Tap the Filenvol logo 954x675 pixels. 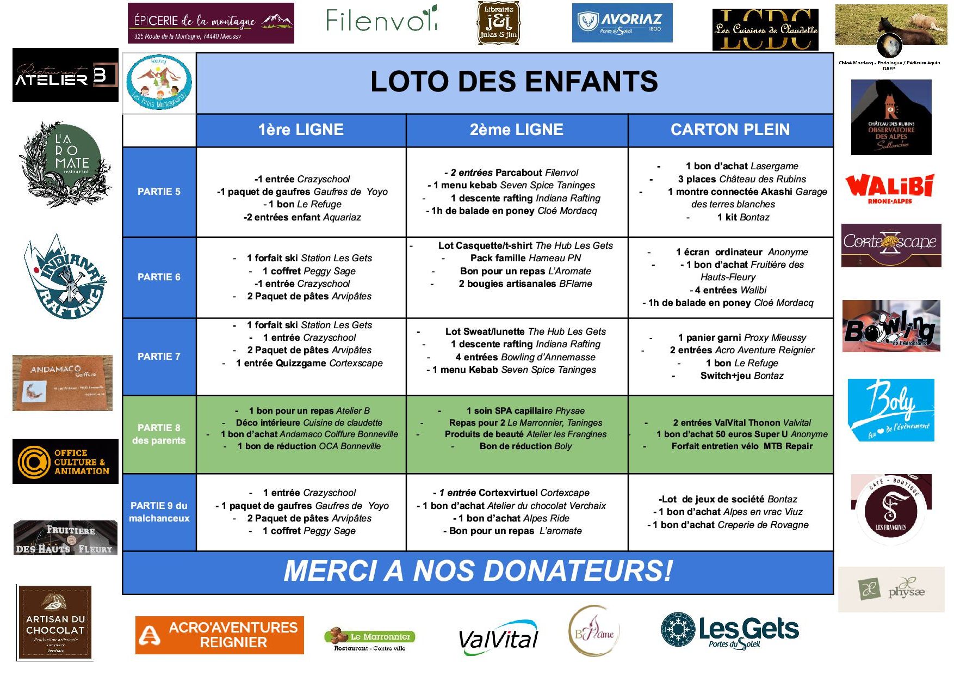(x=381, y=20)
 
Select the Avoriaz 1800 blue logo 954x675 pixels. (x=622, y=23)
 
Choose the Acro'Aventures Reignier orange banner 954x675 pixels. (x=219, y=635)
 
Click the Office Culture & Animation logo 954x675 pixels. (x=65, y=461)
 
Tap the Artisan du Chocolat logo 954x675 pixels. (x=55, y=622)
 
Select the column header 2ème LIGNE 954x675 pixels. (x=516, y=130)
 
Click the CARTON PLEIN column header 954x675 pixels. (x=730, y=130)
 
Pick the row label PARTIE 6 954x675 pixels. (x=159, y=277)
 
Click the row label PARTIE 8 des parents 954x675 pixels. (x=159, y=434)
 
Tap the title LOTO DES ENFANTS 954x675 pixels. (x=514, y=82)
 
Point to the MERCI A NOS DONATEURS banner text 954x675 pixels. (x=478, y=571)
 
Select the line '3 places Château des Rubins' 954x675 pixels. (x=741, y=179)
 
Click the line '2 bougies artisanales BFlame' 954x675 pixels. (x=525, y=284)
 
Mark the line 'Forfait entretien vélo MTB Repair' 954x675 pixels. (x=741, y=446)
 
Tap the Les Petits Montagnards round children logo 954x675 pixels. (x=159, y=83)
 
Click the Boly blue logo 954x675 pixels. (x=890, y=410)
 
